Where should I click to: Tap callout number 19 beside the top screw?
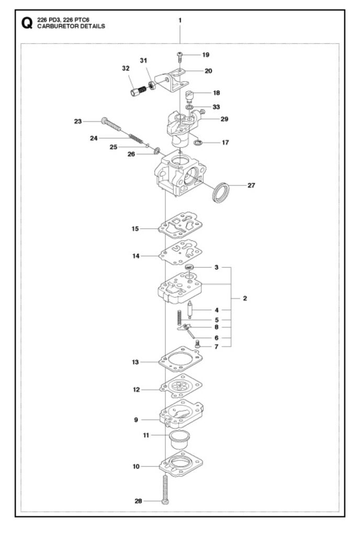coord(205,55)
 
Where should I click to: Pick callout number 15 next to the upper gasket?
coord(135,229)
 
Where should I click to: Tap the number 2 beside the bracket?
coord(245,298)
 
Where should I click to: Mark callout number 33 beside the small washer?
coord(216,107)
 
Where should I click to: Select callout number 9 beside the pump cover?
coord(136,419)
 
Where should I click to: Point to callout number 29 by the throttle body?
coord(224,119)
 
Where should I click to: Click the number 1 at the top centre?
coord(179,20)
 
